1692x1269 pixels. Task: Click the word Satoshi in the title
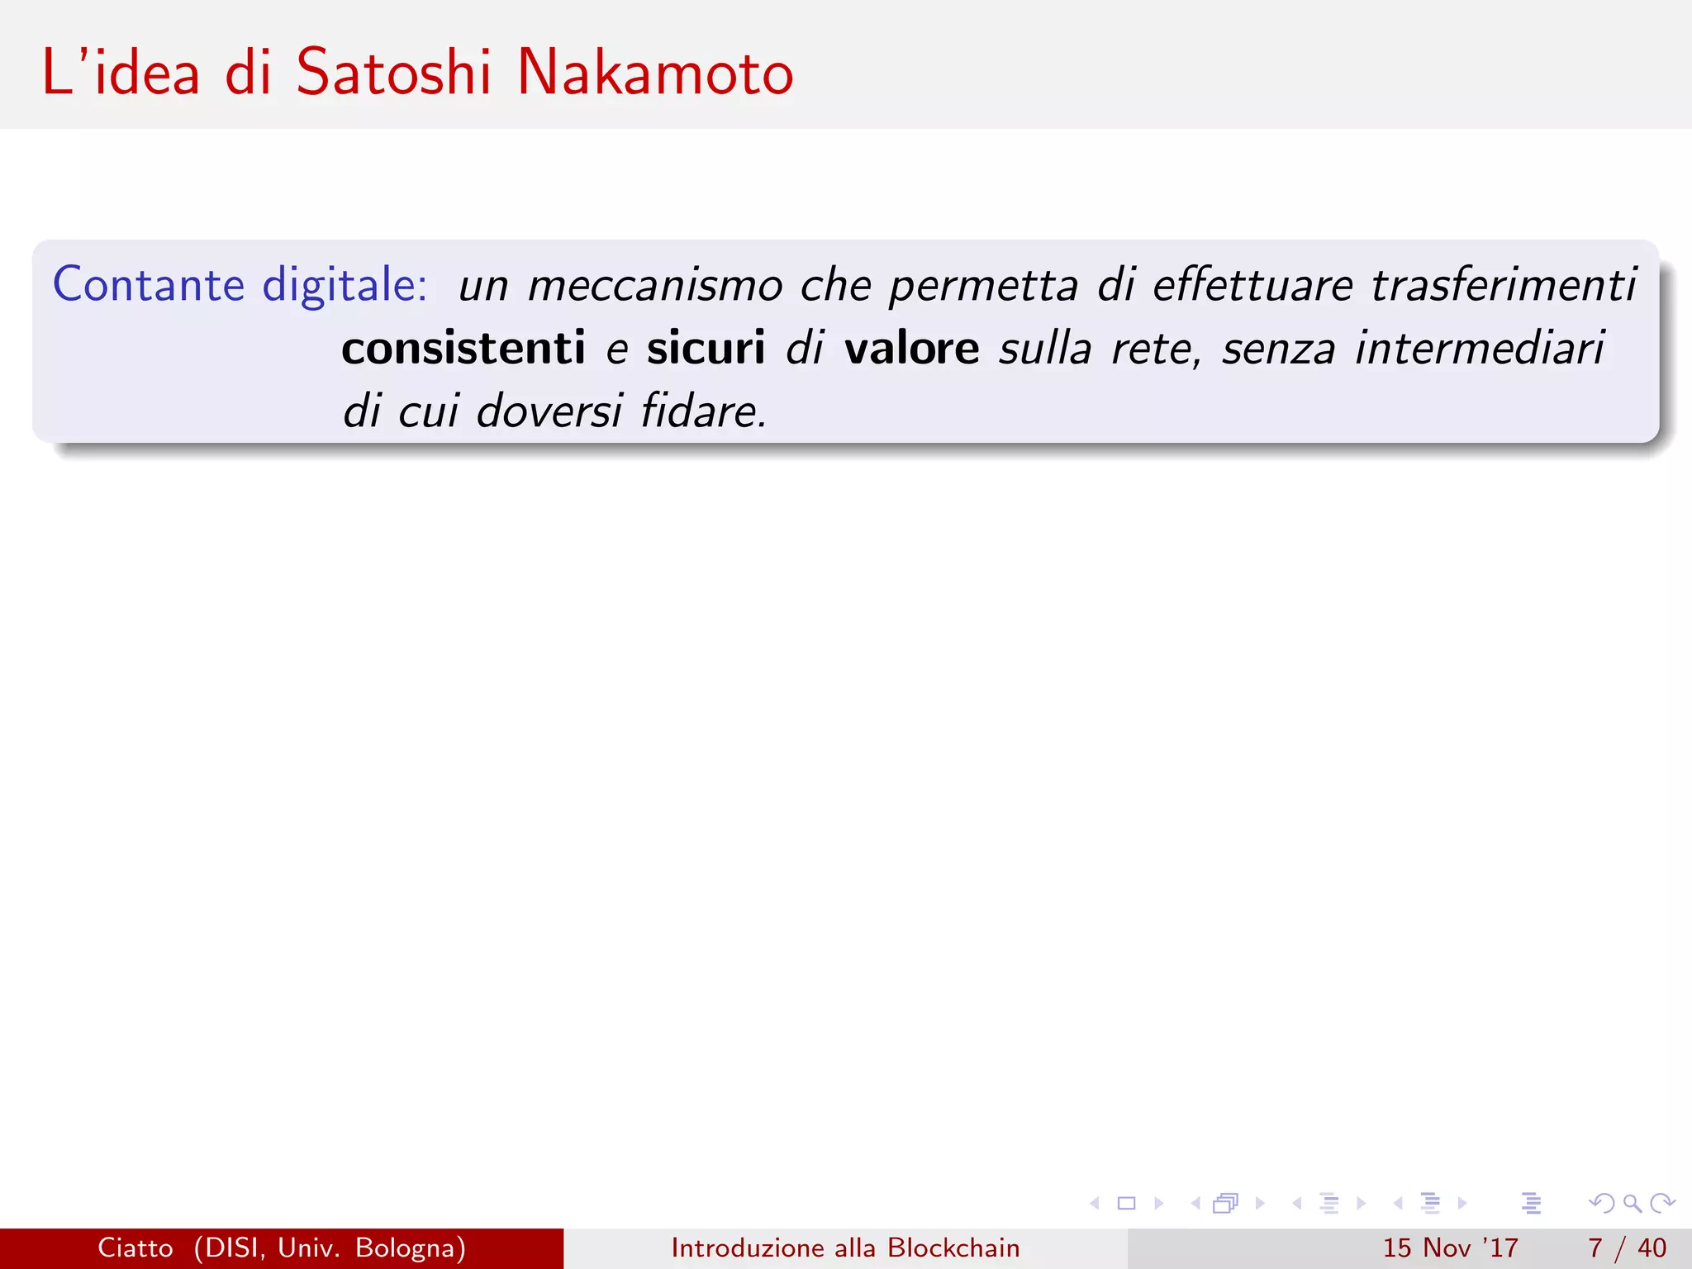[393, 73]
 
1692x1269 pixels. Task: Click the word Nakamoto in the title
[654, 73]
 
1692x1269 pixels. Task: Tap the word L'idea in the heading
[121, 73]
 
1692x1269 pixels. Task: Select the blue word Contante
[149, 285]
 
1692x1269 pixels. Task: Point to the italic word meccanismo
[654, 286]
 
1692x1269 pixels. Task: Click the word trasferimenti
[1504, 286]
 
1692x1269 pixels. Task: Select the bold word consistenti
[463, 348]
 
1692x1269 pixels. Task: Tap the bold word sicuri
[706, 348]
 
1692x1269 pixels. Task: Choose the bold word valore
[911, 348]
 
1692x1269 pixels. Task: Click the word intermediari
[1480, 348]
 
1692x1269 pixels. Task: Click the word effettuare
[1252, 286]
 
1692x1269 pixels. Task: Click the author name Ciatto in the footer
[135, 1248]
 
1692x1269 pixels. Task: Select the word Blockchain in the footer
[953, 1248]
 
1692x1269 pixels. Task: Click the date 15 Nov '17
[1450, 1248]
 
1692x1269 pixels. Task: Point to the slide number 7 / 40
[1627, 1248]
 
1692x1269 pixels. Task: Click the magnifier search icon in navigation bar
[1632, 1204]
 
